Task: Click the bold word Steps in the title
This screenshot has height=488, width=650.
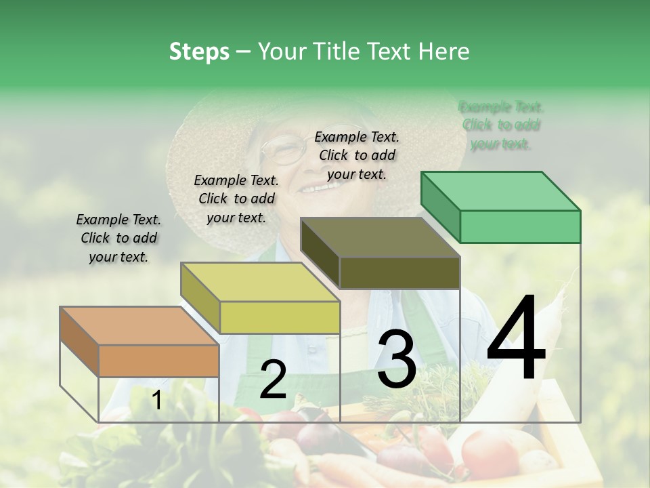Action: pyautogui.click(x=199, y=52)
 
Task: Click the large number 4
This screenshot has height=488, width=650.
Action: pyautogui.click(x=516, y=339)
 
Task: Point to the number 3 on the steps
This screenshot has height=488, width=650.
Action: pyautogui.click(x=396, y=359)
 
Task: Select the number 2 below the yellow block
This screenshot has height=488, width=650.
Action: pyautogui.click(x=273, y=380)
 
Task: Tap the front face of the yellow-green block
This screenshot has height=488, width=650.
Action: pyautogui.click(x=280, y=317)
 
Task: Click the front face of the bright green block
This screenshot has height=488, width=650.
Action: pyautogui.click(x=520, y=226)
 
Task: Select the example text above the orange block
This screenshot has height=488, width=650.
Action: pyautogui.click(x=118, y=239)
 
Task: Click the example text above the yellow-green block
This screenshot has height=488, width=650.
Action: pyautogui.click(x=236, y=199)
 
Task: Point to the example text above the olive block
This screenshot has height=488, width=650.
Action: pyautogui.click(x=357, y=155)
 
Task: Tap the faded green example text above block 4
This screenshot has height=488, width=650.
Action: pyautogui.click(x=501, y=125)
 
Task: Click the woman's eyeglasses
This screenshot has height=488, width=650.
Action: pyautogui.click(x=283, y=149)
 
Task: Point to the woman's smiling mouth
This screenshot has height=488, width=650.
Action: pyautogui.click(x=313, y=186)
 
